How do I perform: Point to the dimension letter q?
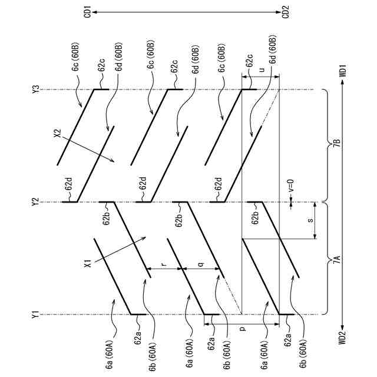click(200, 264)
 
